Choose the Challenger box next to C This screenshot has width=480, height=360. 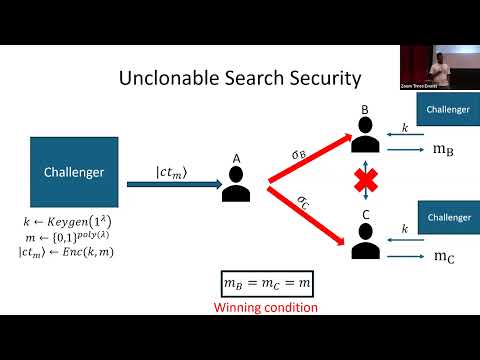click(x=445, y=216)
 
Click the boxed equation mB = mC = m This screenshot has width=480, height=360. click(x=265, y=286)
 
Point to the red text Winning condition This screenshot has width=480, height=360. click(x=265, y=308)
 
